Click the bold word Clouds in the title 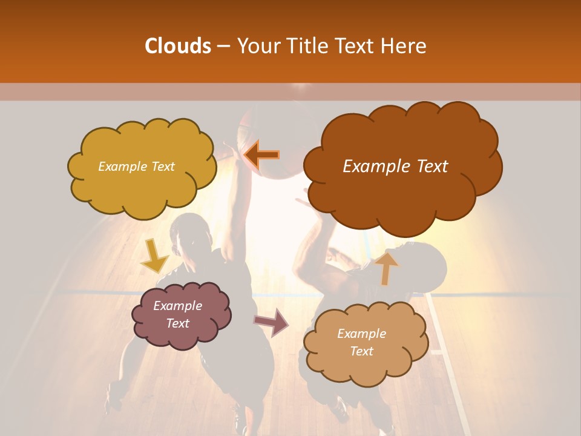click(177, 46)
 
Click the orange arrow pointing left click(262, 155)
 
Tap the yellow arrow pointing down click(153, 256)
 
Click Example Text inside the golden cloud click(136, 166)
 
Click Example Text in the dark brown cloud click(395, 166)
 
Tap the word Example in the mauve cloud click(177, 306)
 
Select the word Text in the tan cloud click(362, 351)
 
